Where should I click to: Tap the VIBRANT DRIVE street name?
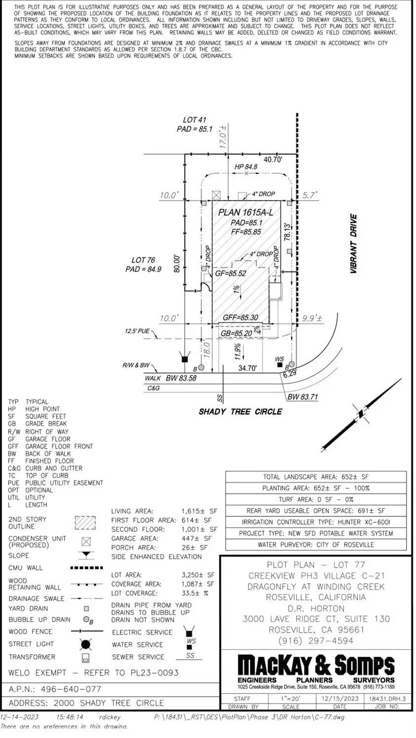click(x=353, y=243)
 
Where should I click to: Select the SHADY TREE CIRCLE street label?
click(x=240, y=411)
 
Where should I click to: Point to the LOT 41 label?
click(x=194, y=120)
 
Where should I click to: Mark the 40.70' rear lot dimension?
click(x=272, y=160)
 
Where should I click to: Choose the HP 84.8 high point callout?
click(x=246, y=167)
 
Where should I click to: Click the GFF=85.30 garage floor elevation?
click(x=240, y=318)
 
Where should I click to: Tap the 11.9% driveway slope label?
click(x=238, y=352)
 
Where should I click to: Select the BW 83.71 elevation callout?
click(x=303, y=397)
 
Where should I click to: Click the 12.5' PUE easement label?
click(x=137, y=332)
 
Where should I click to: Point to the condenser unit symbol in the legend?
click(x=86, y=541)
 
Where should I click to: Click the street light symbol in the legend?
click(x=86, y=644)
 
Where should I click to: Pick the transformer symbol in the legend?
click(x=86, y=657)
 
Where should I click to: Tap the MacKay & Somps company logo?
click(x=316, y=666)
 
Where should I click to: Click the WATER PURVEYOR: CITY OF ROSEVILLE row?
click(x=316, y=544)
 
